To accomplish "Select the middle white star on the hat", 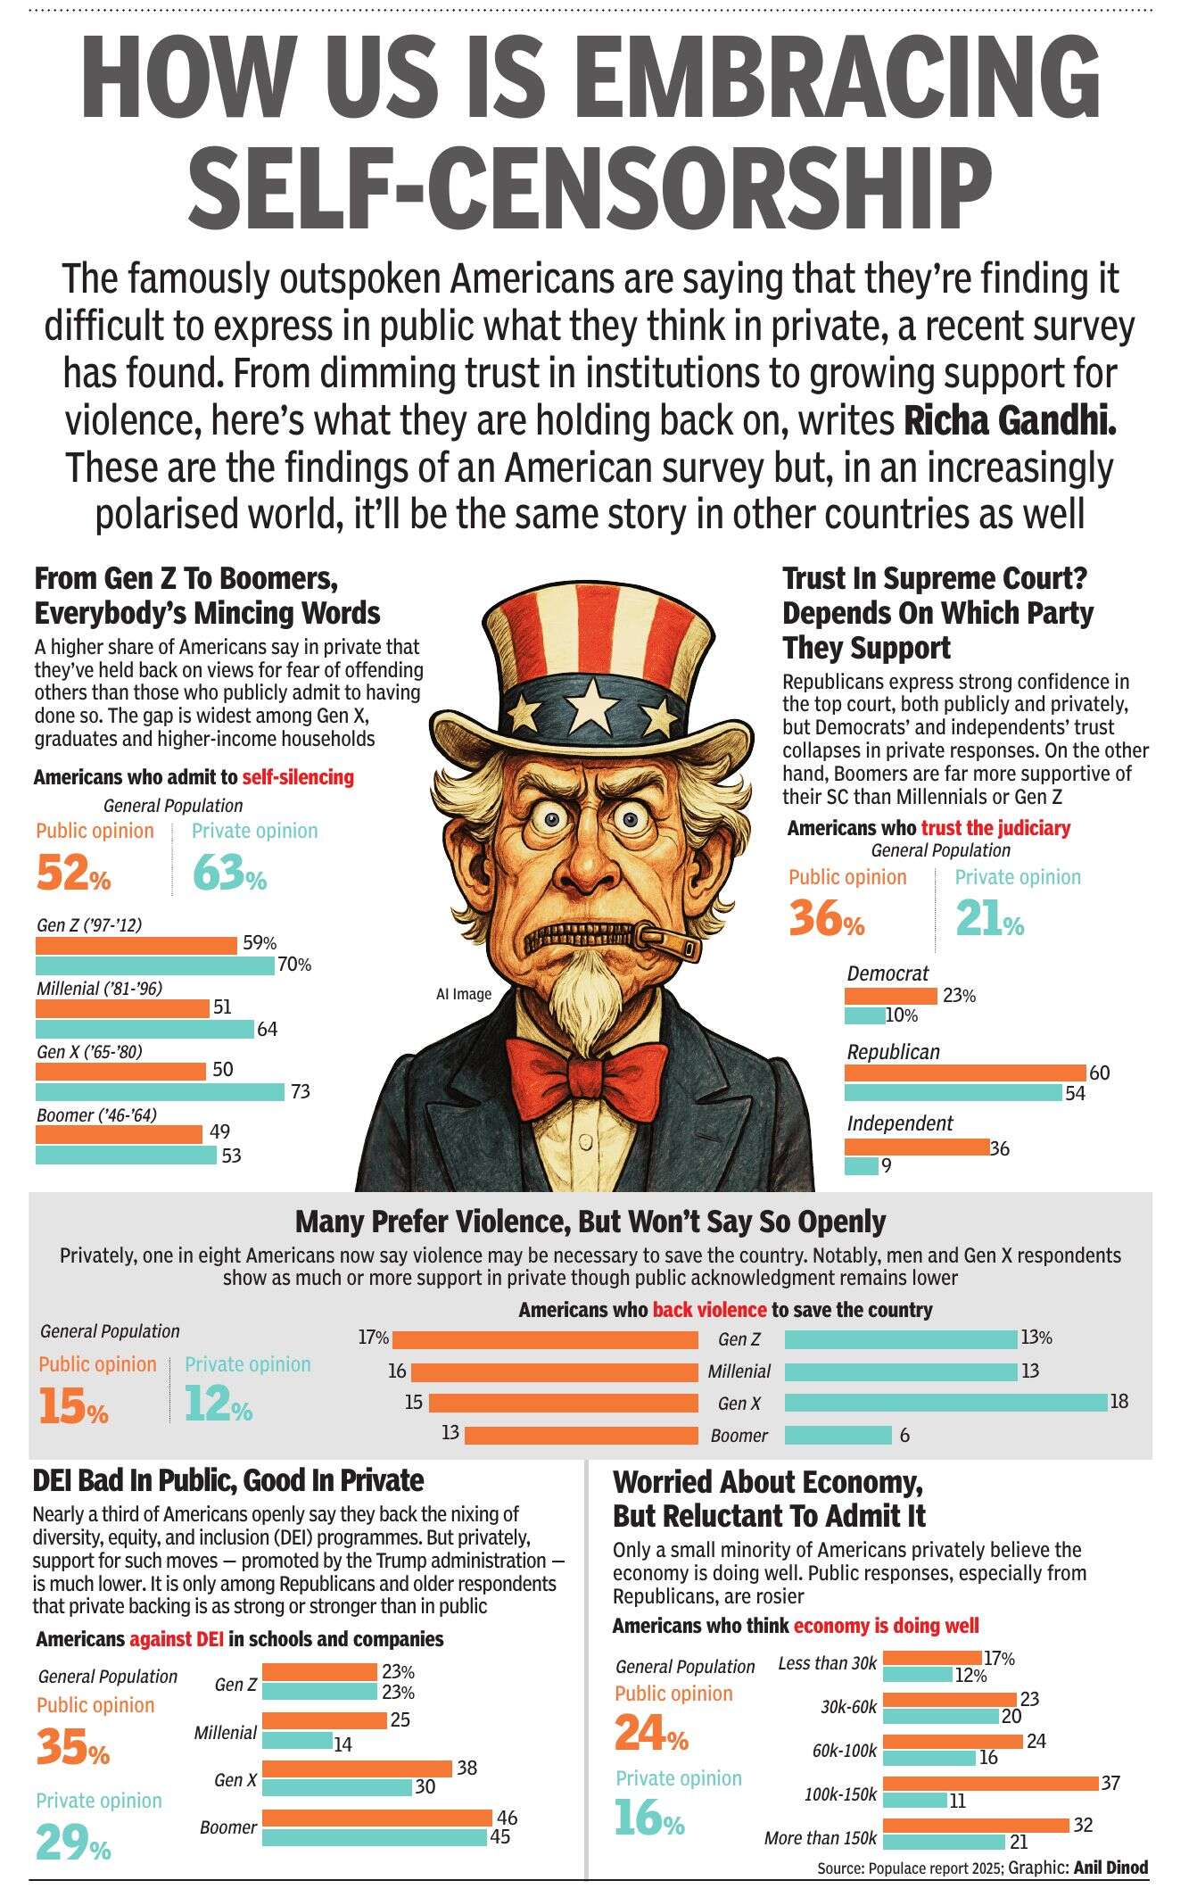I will [589, 709].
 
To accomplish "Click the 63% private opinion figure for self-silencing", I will [229, 873].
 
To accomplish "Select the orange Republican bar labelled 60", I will [965, 1072].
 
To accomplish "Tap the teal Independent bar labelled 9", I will [862, 1165].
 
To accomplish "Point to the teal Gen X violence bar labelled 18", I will [945, 1403].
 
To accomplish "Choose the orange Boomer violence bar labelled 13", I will [582, 1436].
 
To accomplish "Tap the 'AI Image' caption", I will [464, 994].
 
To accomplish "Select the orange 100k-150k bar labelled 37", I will [990, 1784].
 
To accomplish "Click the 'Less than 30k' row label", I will [828, 1663].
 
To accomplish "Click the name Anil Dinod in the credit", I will [1110, 1868].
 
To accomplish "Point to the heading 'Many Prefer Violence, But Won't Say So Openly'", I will [590, 1222].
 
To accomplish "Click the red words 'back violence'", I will [709, 1310].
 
